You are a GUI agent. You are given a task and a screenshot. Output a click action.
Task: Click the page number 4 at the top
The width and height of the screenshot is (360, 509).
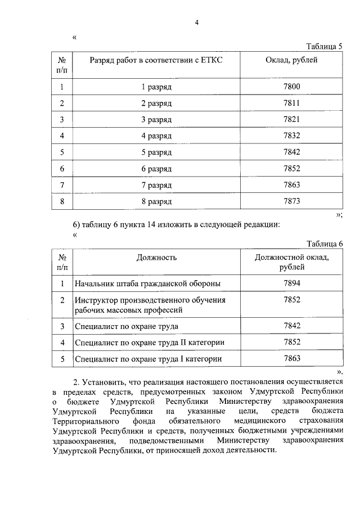tap(197, 22)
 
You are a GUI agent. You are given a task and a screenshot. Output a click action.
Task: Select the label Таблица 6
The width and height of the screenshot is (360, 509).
tap(324, 243)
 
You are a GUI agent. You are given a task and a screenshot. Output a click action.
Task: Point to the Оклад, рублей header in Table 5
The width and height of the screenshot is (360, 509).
tap(291, 60)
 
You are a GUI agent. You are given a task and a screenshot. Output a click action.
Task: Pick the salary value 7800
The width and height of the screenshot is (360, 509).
tap(292, 87)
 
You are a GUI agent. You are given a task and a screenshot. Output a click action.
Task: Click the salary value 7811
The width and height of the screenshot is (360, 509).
tap(292, 103)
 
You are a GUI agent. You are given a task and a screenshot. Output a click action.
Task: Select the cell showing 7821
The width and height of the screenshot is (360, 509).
tap(292, 119)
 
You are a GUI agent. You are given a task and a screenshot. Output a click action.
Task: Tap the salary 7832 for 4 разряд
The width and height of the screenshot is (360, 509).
tap(292, 136)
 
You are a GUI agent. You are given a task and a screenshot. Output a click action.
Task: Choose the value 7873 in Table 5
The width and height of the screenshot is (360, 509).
tap(292, 201)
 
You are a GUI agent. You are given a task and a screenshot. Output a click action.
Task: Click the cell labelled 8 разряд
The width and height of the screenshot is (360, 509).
tap(156, 201)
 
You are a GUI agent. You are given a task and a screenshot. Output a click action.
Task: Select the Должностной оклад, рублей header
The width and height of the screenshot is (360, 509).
tap(292, 262)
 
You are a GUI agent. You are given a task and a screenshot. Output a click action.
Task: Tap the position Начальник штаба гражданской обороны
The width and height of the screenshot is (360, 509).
tap(147, 283)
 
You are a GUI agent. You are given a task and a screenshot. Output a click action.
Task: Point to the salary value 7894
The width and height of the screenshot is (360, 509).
tap(292, 283)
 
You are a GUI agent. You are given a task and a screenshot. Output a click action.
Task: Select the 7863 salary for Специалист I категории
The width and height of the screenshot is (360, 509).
tap(292, 358)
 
